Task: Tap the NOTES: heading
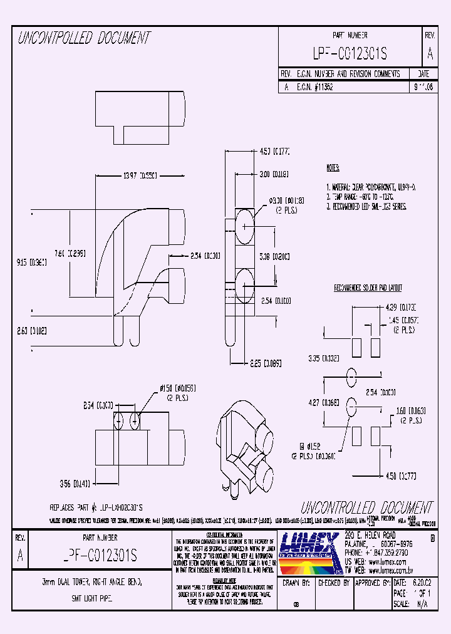point(333,169)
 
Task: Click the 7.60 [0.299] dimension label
point(70,254)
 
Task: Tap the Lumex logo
point(309,553)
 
